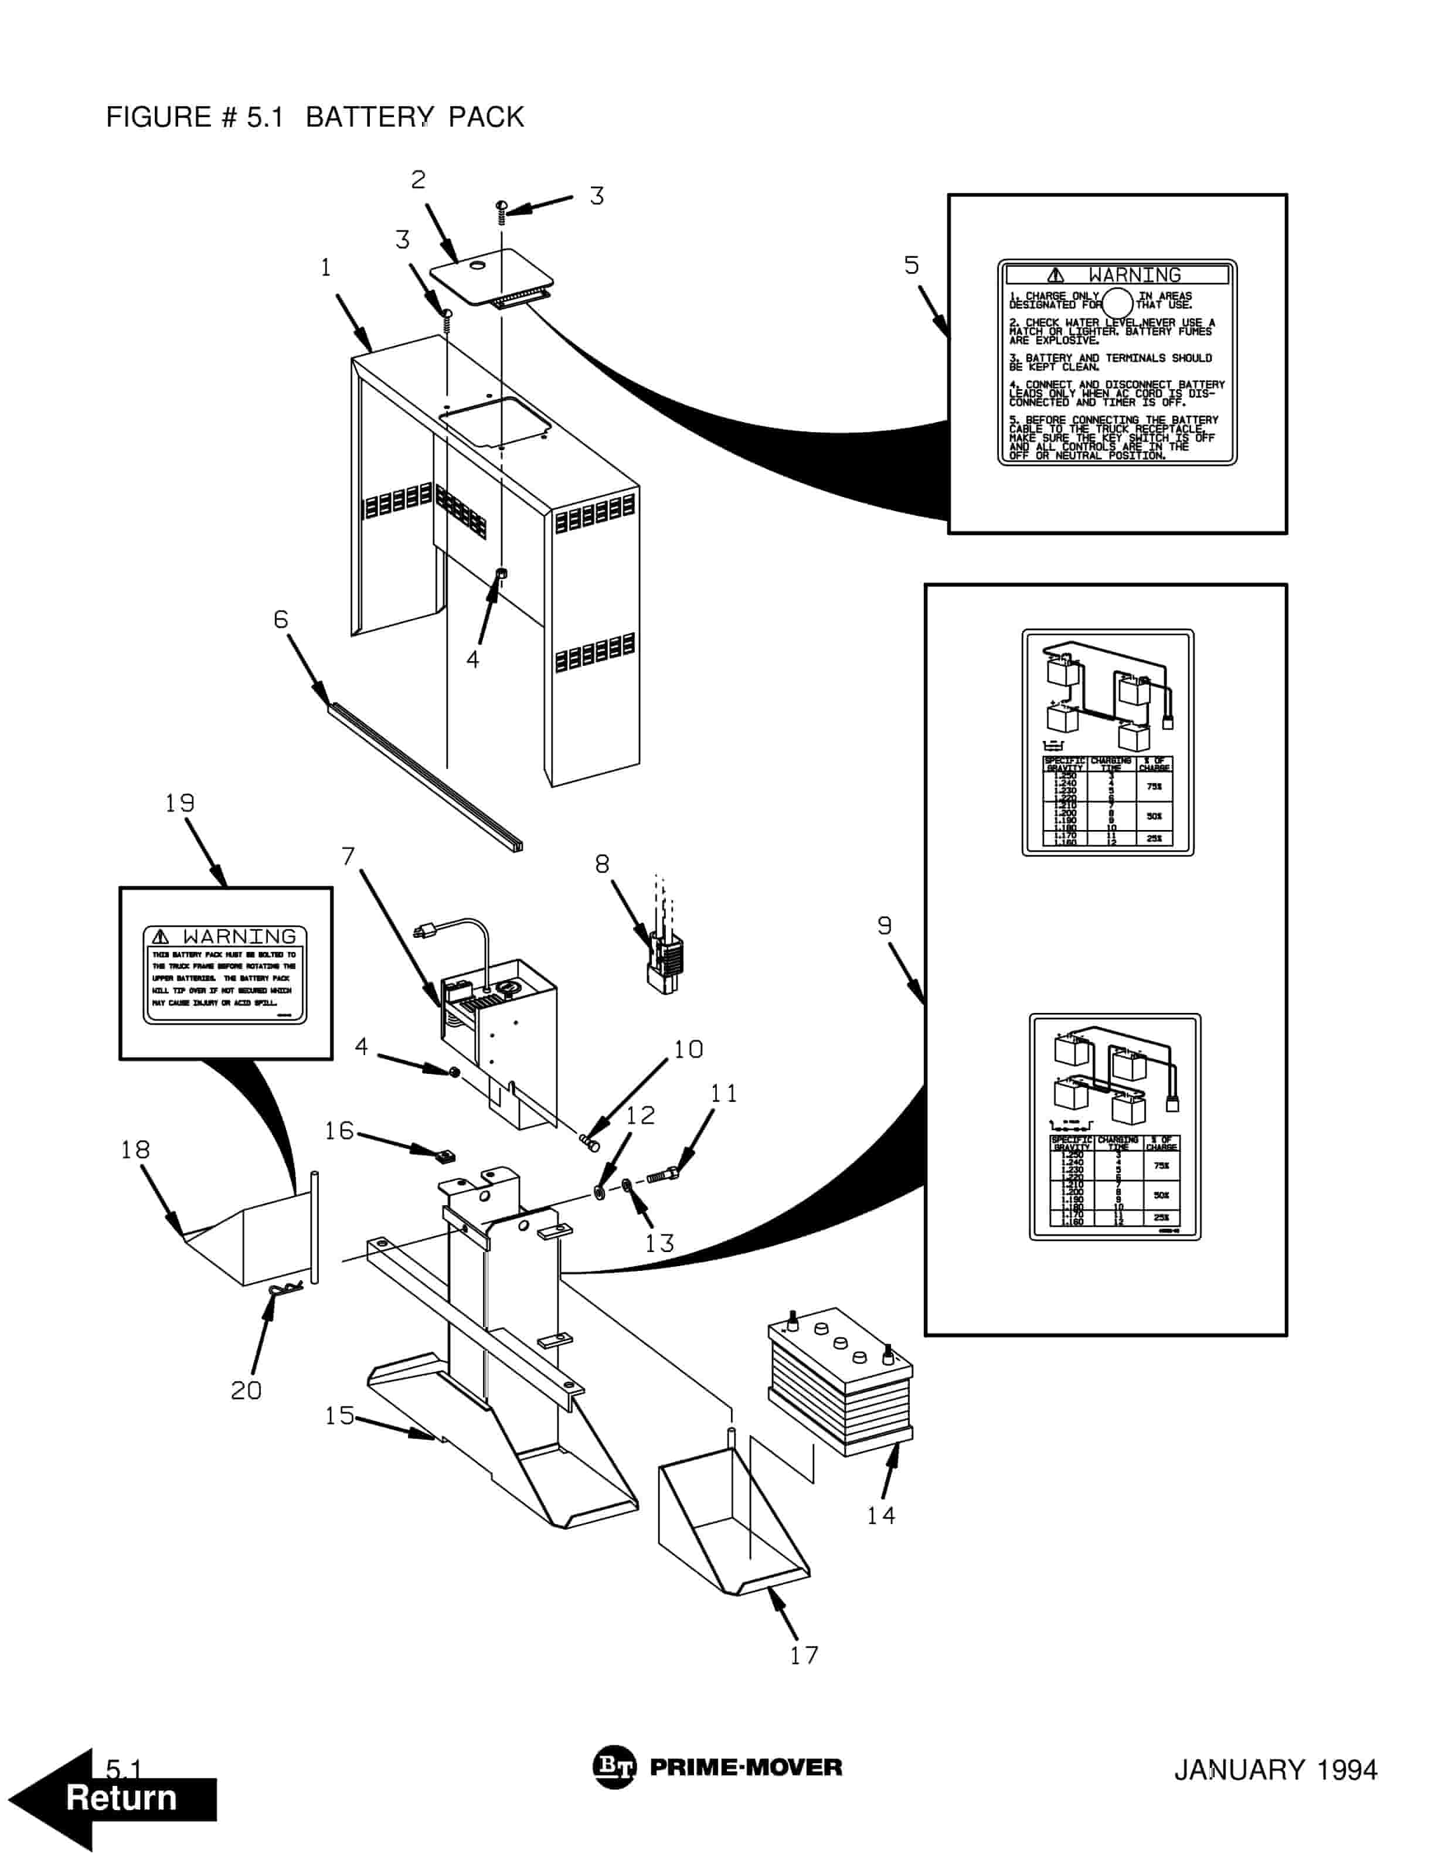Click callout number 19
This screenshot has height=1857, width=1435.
click(179, 802)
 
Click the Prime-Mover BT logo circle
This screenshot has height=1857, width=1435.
click(613, 1767)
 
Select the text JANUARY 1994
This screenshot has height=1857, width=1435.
click(1274, 1770)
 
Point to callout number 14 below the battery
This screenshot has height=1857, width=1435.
click(880, 1515)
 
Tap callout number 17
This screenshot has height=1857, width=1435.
click(803, 1655)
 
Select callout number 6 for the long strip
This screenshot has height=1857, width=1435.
click(281, 619)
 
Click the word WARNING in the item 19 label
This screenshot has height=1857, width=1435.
click(239, 936)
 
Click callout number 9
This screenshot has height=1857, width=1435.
click(884, 925)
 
